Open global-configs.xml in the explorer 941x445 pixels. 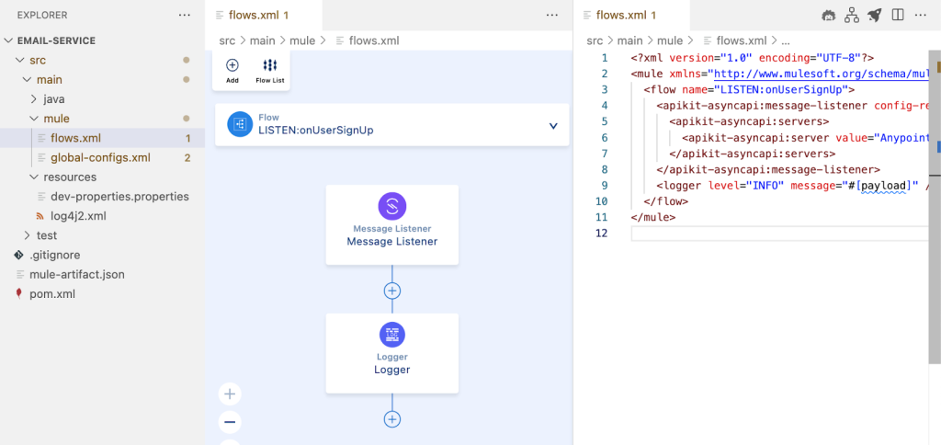tap(100, 157)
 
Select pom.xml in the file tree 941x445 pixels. tap(52, 294)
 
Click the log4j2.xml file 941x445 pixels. tap(78, 216)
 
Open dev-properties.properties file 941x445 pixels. tap(119, 196)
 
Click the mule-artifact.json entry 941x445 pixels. tap(77, 274)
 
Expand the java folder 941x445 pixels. tap(53, 98)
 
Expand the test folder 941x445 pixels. tap(46, 235)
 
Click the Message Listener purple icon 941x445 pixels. tap(391, 206)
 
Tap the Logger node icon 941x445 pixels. tap(391, 335)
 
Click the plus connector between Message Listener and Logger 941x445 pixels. tap(392, 291)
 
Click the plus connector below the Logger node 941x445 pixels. tap(392, 419)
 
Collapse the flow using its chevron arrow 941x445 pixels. tap(553, 126)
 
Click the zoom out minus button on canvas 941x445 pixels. tap(231, 423)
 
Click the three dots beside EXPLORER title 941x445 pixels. tap(185, 16)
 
